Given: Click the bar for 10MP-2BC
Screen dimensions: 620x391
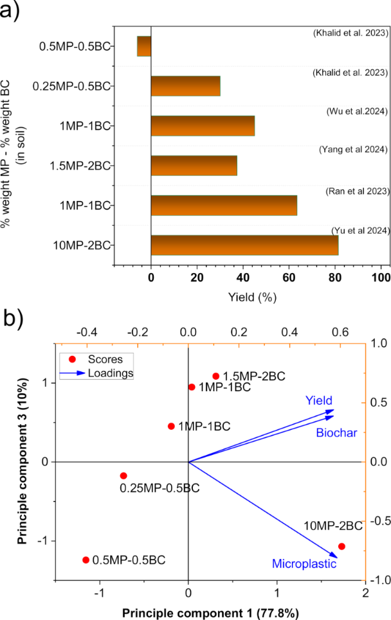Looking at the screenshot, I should [x=244, y=245].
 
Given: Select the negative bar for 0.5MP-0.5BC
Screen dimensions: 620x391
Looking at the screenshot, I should [x=144, y=46].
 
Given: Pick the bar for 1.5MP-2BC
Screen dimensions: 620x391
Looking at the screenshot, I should [x=194, y=166].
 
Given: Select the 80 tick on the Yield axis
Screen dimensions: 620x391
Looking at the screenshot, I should [x=335, y=277].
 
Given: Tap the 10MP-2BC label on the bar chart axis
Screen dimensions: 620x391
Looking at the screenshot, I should [x=87, y=245].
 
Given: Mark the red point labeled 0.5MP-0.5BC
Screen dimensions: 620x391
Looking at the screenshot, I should [x=86, y=560].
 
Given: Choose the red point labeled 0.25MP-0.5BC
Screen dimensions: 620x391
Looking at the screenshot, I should [x=123, y=475].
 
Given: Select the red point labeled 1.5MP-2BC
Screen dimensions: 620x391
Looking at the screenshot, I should [x=216, y=376].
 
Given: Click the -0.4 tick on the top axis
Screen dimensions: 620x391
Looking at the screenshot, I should [x=87, y=332].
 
